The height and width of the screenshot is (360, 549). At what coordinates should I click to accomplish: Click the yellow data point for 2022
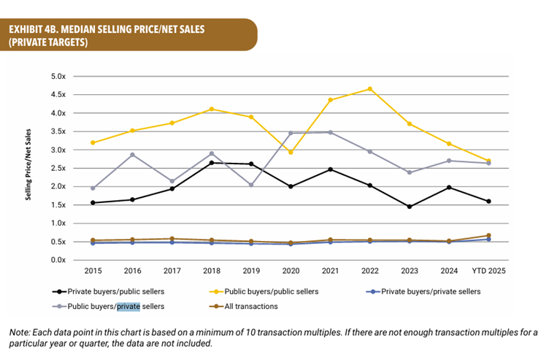[x=370, y=89]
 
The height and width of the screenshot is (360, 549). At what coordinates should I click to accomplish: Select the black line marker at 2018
[x=212, y=162]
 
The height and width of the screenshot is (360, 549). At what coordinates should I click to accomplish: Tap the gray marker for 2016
[x=132, y=155]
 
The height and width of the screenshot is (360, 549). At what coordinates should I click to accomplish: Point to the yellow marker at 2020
[x=291, y=152]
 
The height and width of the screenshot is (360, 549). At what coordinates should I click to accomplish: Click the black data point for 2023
[x=410, y=207]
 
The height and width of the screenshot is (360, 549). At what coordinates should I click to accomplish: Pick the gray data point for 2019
[x=251, y=185]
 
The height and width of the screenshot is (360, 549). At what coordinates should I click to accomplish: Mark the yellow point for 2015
[x=93, y=142]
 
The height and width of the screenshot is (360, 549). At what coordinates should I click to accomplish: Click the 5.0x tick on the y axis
[x=59, y=77]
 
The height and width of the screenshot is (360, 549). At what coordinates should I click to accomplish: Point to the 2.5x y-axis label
[x=59, y=168]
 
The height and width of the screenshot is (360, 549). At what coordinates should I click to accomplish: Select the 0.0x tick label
[x=59, y=260]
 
